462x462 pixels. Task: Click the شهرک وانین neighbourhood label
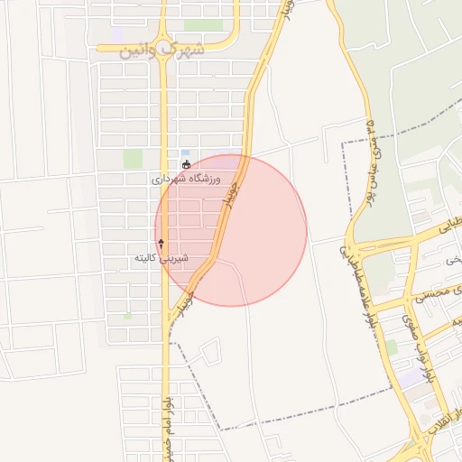(162, 48)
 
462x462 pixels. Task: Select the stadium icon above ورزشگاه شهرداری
(186, 165)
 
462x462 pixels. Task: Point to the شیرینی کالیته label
(161, 259)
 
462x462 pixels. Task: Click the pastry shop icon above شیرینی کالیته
(162, 244)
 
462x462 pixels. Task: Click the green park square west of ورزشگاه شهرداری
(133, 159)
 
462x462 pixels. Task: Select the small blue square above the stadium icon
(186, 152)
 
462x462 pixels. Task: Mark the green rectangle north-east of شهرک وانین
(204, 25)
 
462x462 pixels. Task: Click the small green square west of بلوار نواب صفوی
(392, 346)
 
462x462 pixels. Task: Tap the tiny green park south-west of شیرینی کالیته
(127, 316)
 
